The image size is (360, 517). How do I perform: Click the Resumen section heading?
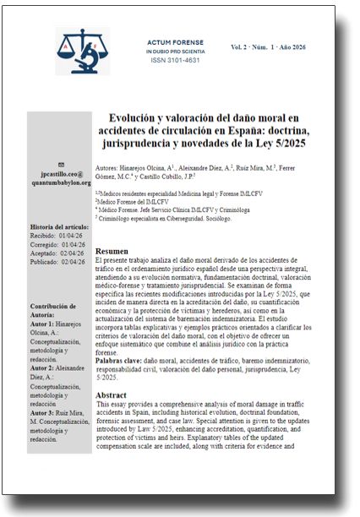pyautogui.click(x=112, y=252)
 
